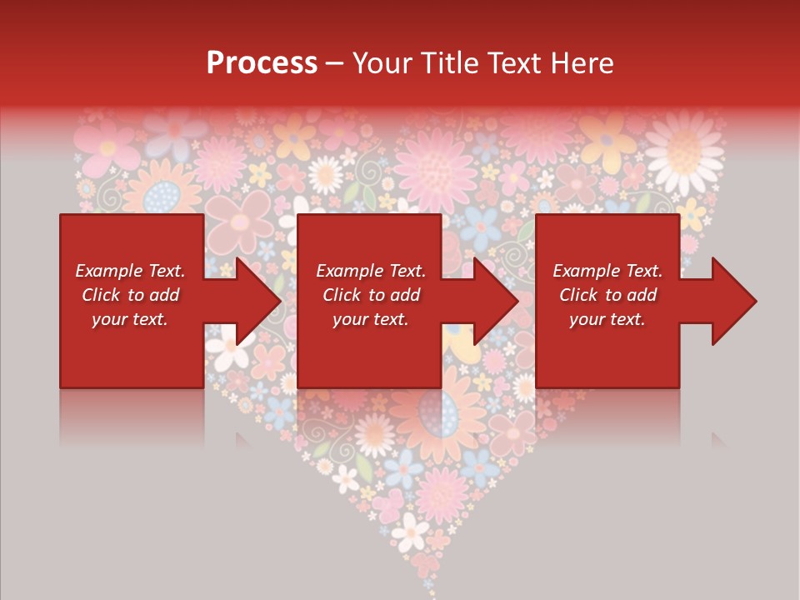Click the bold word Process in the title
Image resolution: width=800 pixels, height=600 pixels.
click(262, 63)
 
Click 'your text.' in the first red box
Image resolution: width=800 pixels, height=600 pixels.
click(129, 319)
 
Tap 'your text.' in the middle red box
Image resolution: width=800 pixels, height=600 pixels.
click(370, 319)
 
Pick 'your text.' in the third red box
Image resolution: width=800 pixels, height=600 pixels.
click(607, 319)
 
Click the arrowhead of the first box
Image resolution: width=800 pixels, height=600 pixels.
click(257, 301)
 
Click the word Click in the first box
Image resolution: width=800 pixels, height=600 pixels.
click(101, 295)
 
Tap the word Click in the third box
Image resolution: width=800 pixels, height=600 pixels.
click(578, 295)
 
